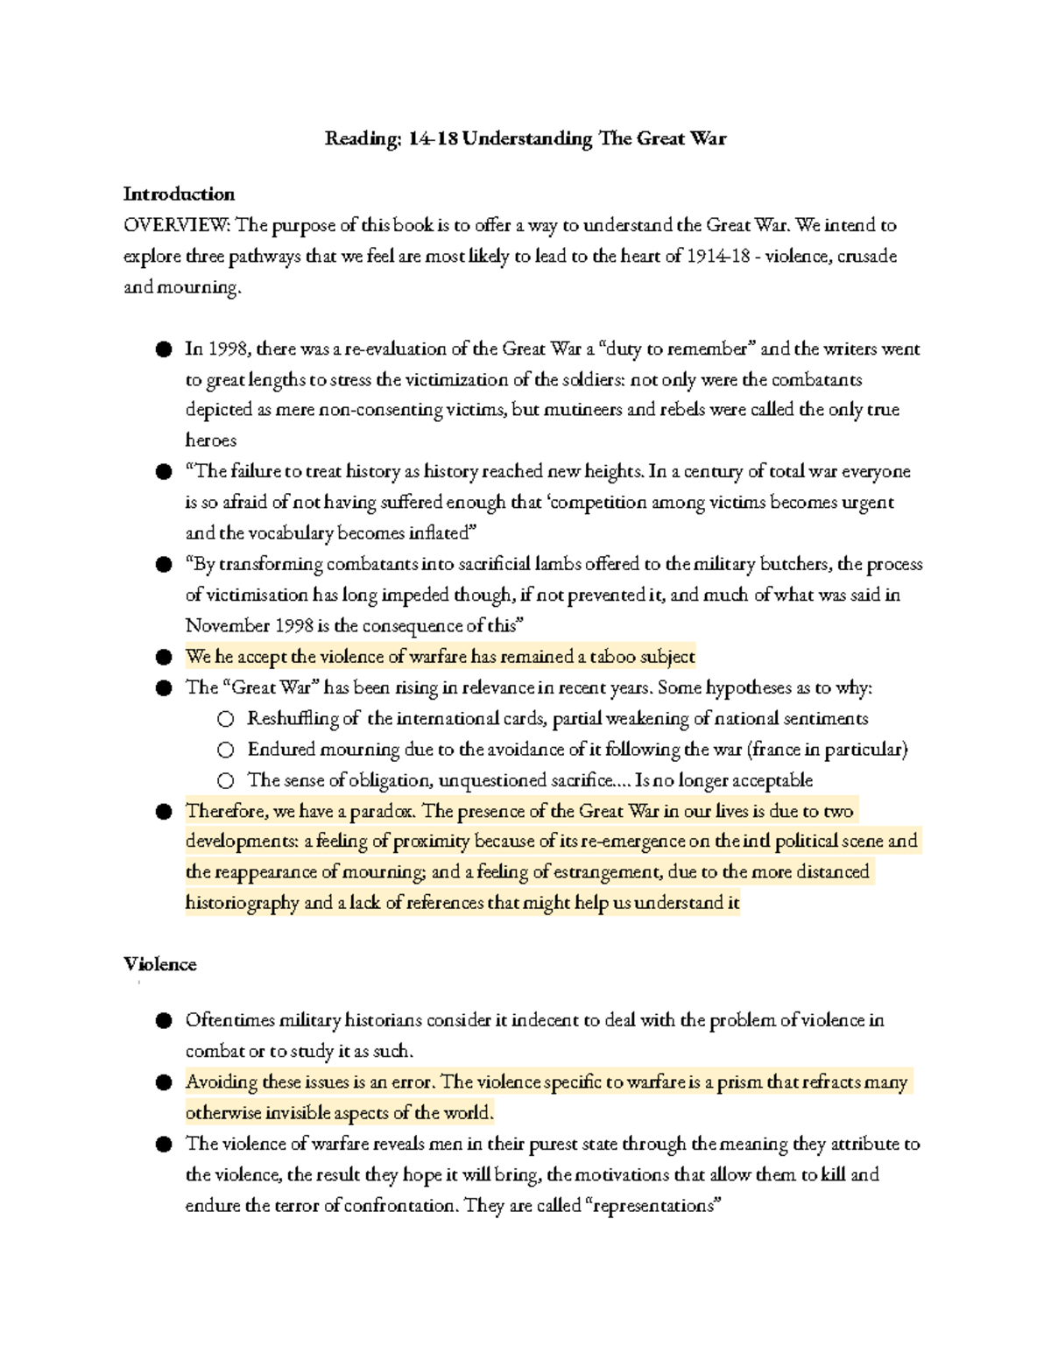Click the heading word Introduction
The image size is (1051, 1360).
tap(179, 194)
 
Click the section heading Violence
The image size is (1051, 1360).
tap(159, 964)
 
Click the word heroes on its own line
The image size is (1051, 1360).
tap(210, 440)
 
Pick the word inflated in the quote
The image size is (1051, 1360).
tap(441, 533)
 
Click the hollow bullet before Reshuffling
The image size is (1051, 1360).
tap(226, 719)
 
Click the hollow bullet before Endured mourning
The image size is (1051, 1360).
tap(226, 750)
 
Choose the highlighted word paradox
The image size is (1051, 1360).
tap(383, 811)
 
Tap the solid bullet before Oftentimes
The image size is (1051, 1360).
tap(164, 1021)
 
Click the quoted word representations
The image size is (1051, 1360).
tap(652, 1206)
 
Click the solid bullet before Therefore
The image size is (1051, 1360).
tap(164, 811)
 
